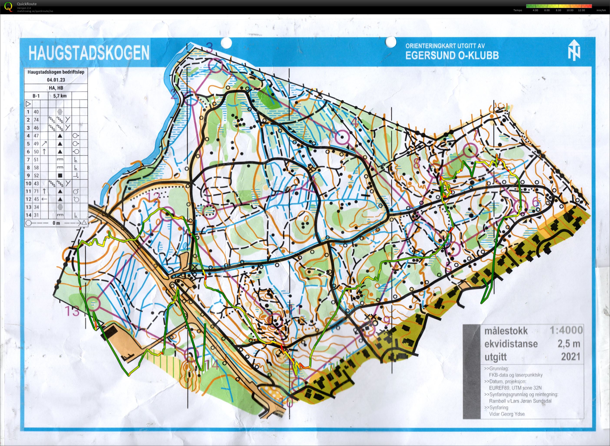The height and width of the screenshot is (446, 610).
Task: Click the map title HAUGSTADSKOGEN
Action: pos(89,53)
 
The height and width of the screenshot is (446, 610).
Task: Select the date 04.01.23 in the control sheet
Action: pos(56,80)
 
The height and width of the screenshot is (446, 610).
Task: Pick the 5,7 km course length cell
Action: pos(60,96)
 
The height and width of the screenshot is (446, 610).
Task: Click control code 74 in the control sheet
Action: pos(36,120)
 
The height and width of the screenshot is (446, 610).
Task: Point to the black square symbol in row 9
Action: pos(60,175)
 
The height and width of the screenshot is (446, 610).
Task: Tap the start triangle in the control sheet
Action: pos(28,104)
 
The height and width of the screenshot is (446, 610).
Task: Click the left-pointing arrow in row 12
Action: pos(44,199)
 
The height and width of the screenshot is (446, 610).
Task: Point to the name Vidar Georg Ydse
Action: pos(507,414)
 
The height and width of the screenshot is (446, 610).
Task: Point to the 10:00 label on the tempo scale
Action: pos(570,10)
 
